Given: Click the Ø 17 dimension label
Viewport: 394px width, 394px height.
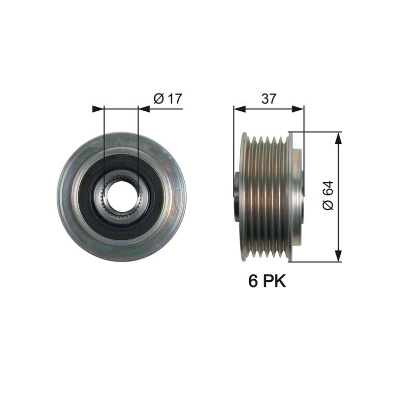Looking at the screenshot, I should (168, 98).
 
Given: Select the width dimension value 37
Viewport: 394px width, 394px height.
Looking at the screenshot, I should (268, 98).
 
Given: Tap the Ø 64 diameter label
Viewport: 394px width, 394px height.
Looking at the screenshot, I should (328, 196).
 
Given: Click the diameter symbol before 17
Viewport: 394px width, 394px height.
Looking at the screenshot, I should (159, 98).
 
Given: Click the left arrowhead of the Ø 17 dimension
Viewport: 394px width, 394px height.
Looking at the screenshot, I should (98, 109).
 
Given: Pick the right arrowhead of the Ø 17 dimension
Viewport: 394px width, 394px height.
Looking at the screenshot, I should (144, 109).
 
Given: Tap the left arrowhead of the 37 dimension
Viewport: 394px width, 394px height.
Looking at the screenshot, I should (239, 109).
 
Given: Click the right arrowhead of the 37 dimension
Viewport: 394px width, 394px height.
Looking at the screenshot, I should (298, 109).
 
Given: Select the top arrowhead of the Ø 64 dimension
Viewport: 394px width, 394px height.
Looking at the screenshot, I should (338, 138).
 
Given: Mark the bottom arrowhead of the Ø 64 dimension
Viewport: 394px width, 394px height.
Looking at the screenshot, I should (338, 256).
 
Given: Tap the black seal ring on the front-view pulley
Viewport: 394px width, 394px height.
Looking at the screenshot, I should (89, 197).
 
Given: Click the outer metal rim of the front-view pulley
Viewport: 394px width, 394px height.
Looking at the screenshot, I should (66, 197).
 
